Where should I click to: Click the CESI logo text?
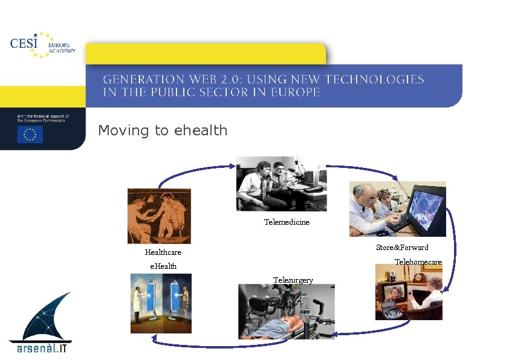pyautogui.click(x=24, y=43)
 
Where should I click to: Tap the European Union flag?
pyautogui.click(x=30, y=134)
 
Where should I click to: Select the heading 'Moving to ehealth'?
pyautogui.click(x=163, y=130)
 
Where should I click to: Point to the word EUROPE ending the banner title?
pyautogui.click(x=296, y=92)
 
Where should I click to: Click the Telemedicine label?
pyautogui.click(x=287, y=222)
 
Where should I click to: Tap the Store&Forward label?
pyautogui.click(x=402, y=248)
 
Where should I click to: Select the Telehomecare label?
pyautogui.click(x=418, y=262)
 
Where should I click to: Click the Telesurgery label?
pyautogui.click(x=293, y=280)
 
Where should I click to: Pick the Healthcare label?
pyautogui.click(x=163, y=252)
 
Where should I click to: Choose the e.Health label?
pyautogui.click(x=163, y=266)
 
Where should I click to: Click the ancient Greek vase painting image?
pyautogui.click(x=159, y=216)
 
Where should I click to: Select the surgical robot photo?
pyautogui.click(x=287, y=312)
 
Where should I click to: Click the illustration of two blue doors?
pyautogui.click(x=161, y=303)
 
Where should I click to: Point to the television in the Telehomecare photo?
pyautogui.click(x=394, y=293)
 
